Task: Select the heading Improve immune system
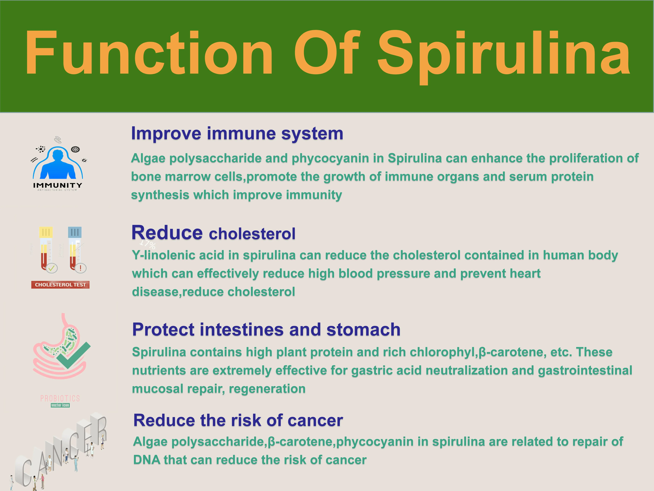[x=237, y=134]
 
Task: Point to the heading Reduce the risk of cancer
[x=238, y=420]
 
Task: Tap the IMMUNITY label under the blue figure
[x=58, y=185]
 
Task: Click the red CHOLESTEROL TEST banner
[x=60, y=285]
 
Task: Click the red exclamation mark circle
[x=80, y=268]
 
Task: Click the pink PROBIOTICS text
[x=60, y=398]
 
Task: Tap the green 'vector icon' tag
[x=60, y=405]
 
